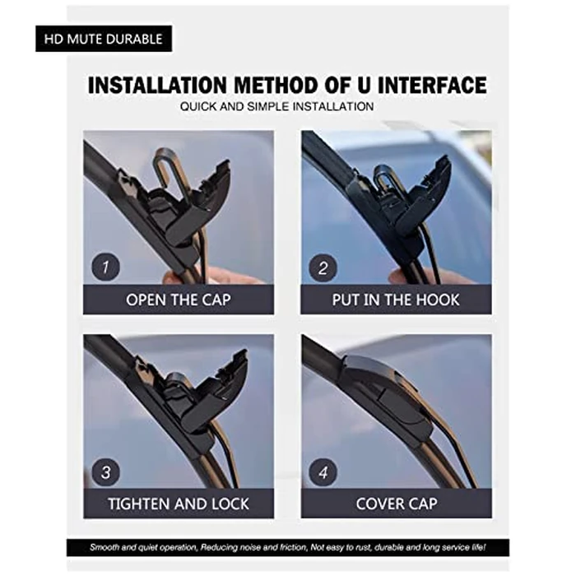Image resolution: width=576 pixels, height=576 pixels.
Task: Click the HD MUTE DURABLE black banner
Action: [x=104, y=38]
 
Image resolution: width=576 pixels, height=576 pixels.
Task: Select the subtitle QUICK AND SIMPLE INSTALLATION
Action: [x=277, y=107]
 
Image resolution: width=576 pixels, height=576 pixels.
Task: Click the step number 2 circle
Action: [x=323, y=267]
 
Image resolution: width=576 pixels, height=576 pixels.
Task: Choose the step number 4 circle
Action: [x=323, y=472]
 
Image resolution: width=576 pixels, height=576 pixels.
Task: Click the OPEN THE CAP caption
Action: [x=179, y=300]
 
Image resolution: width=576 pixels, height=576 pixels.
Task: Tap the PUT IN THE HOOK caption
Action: [x=396, y=300]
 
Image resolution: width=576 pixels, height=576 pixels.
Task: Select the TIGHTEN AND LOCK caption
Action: [x=179, y=504]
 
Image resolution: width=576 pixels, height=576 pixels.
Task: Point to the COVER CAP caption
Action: [x=396, y=504]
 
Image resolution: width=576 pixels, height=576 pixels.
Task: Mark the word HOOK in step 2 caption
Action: [x=440, y=300]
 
